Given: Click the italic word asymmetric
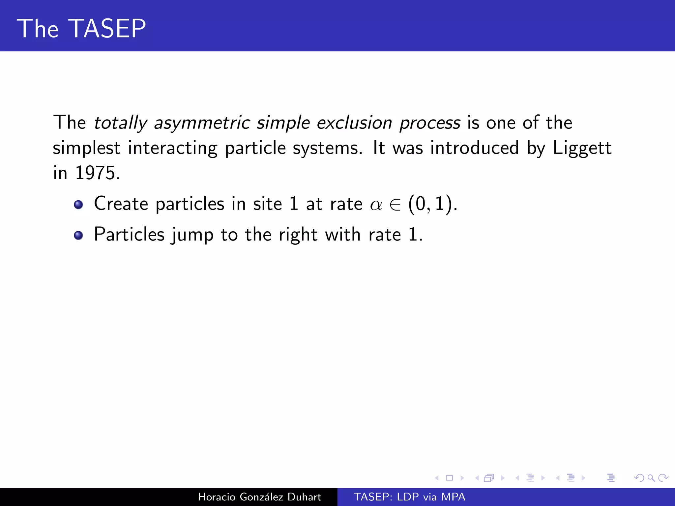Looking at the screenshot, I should (x=202, y=123).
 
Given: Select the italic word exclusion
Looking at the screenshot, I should (x=354, y=123).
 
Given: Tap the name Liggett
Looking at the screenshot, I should (x=582, y=148).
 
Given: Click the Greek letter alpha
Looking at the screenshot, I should (x=376, y=205).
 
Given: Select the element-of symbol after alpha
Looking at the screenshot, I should (x=395, y=205).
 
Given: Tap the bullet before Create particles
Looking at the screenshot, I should (x=78, y=205).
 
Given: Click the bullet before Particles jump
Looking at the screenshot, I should (x=78, y=235).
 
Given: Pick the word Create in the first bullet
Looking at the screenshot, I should (x=121, y=204).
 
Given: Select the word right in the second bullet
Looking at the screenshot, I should (x=298, y=235).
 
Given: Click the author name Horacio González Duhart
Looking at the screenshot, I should (x=259, y=497).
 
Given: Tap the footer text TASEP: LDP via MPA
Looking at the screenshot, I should (x=409, y=497).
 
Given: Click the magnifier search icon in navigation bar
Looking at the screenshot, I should (x=651, y=478).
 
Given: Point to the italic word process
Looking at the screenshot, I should (x=430, y=123).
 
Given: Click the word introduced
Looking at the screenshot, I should (x=475, y=148).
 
